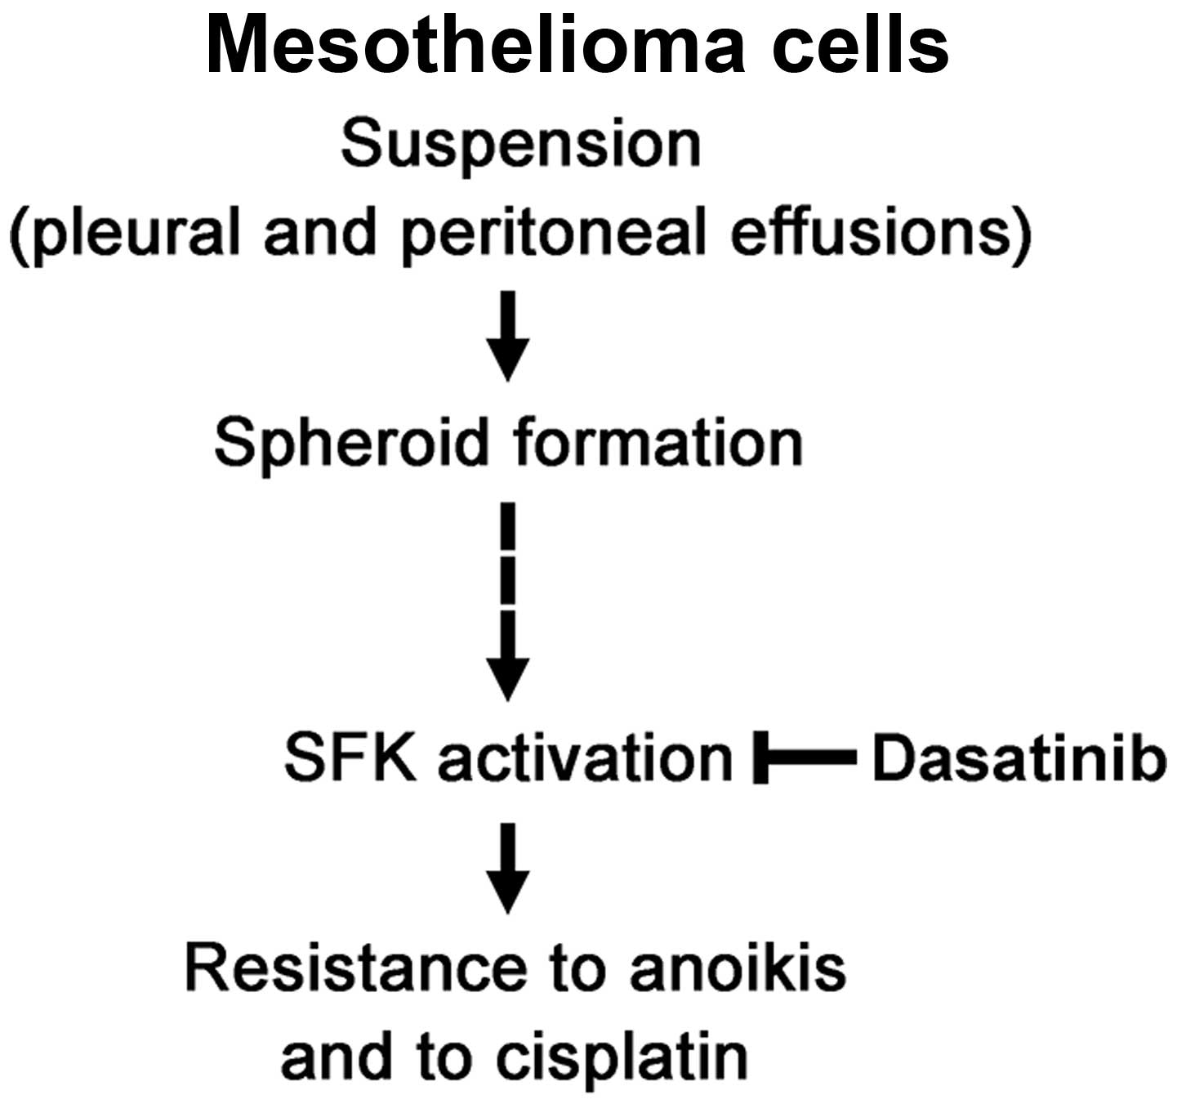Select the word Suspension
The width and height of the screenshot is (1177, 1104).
click(521, 145)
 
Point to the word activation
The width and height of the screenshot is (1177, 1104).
click(585, 758)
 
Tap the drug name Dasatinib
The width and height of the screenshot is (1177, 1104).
click(1017, 758)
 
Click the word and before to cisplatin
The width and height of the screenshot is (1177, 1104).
click(335, 1057)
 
